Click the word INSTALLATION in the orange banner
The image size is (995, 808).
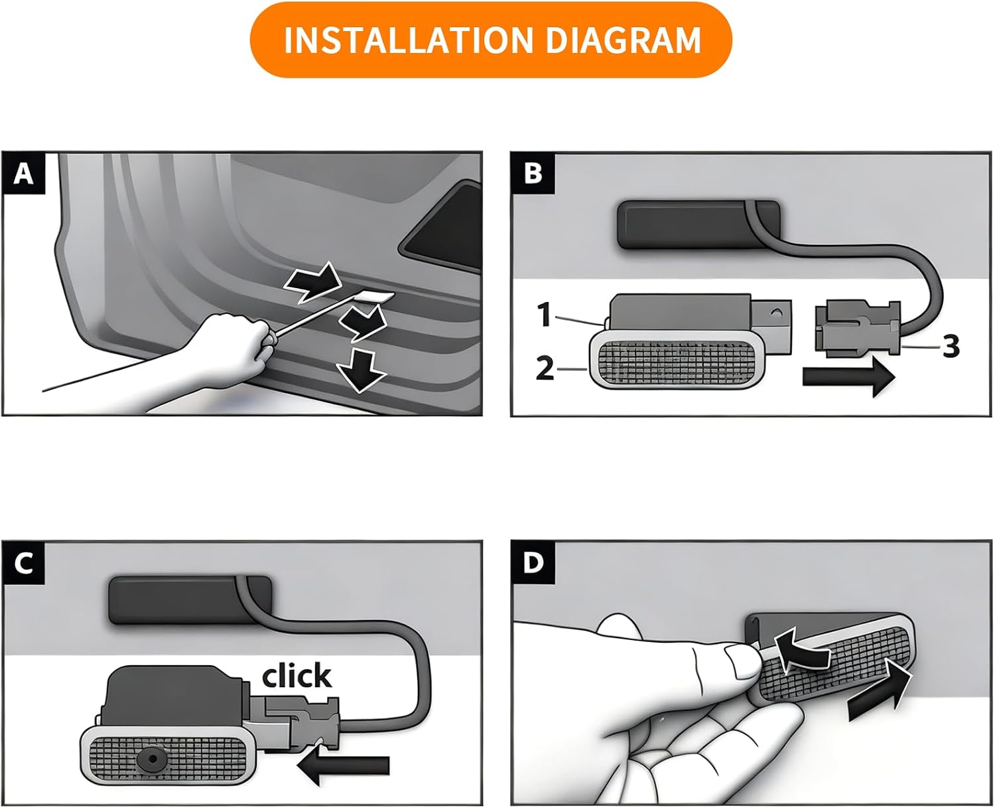[x=408, y=40]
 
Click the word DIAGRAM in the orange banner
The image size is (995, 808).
[x=623, y=40]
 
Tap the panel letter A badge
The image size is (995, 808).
[x=24, y=173]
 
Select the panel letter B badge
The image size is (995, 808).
[x=533, y=173]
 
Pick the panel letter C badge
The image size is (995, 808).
[x=24, y=563]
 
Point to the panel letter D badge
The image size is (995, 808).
[x=533, y=563]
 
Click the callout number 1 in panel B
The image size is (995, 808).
[x=545, y=314]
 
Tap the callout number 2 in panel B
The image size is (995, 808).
[x=545, y=368]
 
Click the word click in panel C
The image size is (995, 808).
[x=297, y=675]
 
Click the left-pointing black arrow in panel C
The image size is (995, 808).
[x=343, y=765]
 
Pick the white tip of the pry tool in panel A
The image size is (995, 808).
[x=377, y=297]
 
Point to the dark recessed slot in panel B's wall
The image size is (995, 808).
[x=699, y=224]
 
